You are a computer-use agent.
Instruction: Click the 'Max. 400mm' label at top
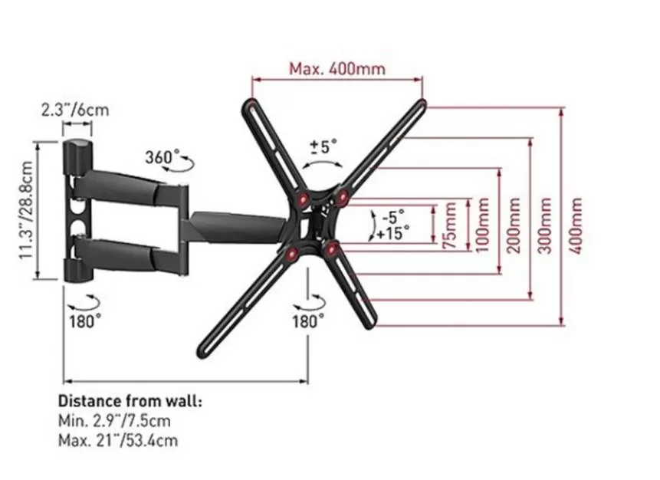tap(337, 69)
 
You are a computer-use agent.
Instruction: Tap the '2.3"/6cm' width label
tap(75, 110)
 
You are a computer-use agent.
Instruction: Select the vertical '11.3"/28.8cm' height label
tap(26, 211)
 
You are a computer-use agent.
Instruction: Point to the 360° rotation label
tap(159, 157)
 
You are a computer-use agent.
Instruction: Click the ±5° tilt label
tap(323, 146)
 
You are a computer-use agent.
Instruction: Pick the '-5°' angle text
tap(393, 217)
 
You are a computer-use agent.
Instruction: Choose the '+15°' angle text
tap(392, 233)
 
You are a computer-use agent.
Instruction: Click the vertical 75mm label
tap(451, 226)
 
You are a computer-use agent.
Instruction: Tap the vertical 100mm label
tap(482, 225)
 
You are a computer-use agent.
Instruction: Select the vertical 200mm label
tap(514, 225)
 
